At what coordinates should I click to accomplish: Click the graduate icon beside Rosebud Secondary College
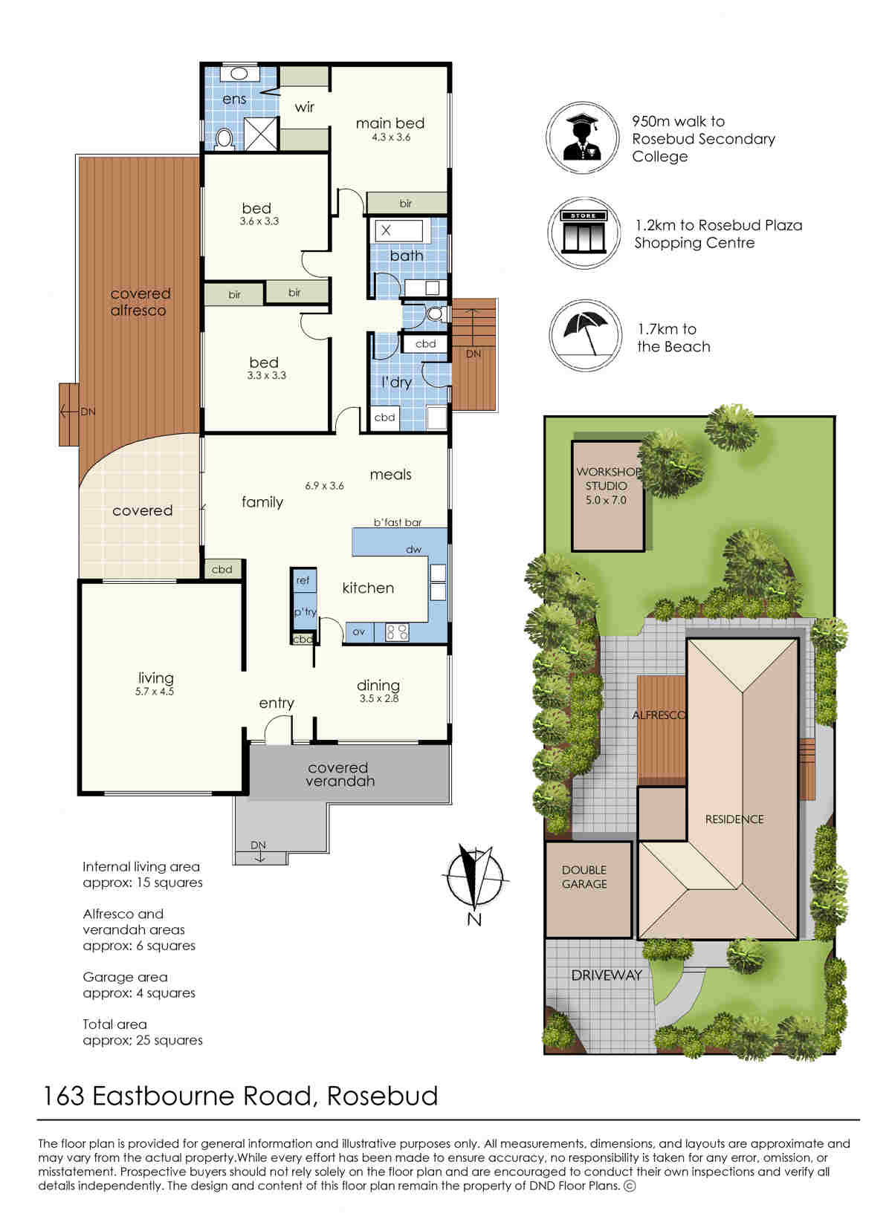581,137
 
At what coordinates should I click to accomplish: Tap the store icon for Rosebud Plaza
584,233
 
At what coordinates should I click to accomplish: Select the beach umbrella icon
585,335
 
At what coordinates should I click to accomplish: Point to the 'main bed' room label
390,123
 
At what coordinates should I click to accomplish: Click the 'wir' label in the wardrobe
305,107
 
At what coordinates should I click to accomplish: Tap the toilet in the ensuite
223,138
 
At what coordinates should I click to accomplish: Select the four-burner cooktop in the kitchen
397,632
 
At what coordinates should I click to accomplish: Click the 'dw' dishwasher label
413,549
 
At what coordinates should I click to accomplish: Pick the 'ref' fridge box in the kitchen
303,580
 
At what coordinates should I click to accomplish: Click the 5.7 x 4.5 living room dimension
154,692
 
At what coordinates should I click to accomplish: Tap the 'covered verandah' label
339,775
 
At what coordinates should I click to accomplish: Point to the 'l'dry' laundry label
397,382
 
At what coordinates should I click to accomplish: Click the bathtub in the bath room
399,231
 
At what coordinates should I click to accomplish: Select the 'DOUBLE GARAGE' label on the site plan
584,877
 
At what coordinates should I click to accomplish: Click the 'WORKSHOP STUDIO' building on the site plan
608,496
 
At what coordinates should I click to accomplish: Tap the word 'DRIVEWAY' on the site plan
606,975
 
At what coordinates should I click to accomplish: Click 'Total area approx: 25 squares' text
143,1033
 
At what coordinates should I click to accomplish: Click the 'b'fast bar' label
398,522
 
